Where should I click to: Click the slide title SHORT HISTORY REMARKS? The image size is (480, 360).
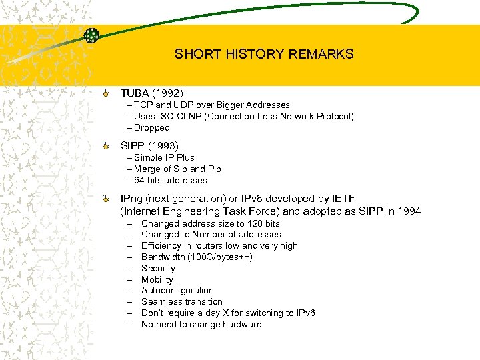click(264, 54)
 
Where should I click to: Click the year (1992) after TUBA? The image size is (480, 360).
click(167, 93)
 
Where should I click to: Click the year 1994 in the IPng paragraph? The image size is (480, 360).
click(407, 211)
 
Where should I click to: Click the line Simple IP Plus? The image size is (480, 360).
click(164, 158)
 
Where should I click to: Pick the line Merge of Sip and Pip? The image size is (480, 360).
click(177, 169)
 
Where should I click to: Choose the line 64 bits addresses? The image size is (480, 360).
click(170, 181)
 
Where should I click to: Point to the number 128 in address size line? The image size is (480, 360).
click(255, 224)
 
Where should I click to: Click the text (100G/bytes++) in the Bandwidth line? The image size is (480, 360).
click(220, 257)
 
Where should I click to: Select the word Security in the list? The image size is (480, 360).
click(158, 269)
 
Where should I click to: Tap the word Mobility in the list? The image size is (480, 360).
click(157, 280)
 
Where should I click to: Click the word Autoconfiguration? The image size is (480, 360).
click(177, 291)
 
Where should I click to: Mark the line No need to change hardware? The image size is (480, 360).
click(201, 325)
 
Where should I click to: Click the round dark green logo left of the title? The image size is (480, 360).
click(92, 36)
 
